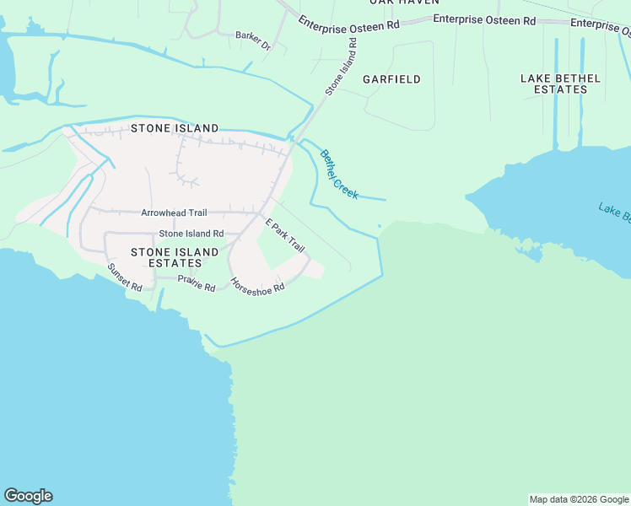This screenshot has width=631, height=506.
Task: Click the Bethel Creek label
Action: tap(339, 175)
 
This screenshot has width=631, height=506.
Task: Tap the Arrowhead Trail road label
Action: tap(174, 213)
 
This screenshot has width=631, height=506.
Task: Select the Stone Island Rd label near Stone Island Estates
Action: tap(191, 234)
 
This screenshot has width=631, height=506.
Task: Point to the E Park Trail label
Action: tap(284, 235)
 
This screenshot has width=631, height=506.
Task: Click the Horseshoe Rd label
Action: tap(257, 286)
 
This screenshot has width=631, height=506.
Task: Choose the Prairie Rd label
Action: tap(197, 286)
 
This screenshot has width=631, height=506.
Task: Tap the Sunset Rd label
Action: tap(125, 277)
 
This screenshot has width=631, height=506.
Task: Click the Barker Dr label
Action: tap(253, 40)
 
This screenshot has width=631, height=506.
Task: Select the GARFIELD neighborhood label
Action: tap(391, 79)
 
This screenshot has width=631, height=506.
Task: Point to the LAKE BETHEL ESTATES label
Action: tap(560, 83)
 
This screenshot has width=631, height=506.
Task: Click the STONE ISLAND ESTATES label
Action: tap(175, 257)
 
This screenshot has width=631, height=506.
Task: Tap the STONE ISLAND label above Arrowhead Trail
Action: tap(175, 128)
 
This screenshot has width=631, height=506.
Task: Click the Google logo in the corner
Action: tap(28, 496)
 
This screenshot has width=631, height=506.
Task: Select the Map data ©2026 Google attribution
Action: tap(579, 499)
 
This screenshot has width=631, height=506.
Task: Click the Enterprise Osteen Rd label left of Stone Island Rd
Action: tap(348, 26)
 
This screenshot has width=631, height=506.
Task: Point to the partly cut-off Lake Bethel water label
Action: tap(615, 213)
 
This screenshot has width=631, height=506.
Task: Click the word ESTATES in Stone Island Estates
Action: tap(175, 263)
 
